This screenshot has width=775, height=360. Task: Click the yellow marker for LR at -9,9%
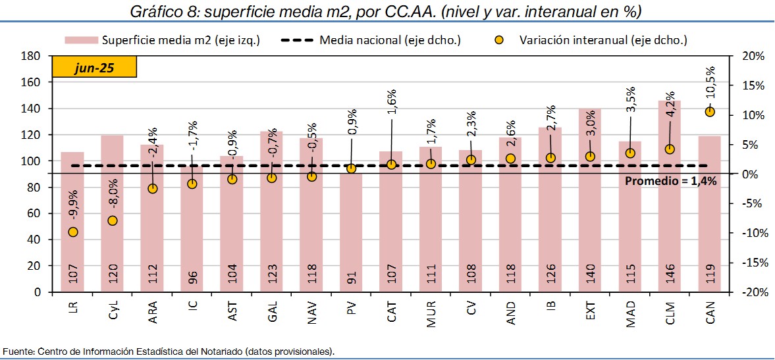point(72,232)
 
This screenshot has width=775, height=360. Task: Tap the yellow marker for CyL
point(113,220)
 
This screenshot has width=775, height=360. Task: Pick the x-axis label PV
point(351,307)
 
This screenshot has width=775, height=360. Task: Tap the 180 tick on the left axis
point(33,57)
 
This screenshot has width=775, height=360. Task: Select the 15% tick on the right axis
point(751,86)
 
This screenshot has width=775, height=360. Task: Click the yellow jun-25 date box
point(94,68)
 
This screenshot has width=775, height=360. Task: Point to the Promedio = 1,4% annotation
point(670,181)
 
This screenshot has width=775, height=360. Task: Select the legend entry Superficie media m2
point(164,40)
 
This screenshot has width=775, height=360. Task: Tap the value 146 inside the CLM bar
point(670,271)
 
